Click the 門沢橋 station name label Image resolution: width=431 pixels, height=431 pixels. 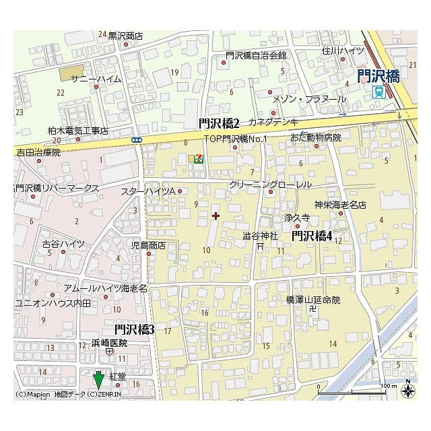[378, 75]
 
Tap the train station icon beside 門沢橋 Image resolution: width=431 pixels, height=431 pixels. [379, 92]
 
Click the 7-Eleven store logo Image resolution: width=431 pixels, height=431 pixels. [197, 159]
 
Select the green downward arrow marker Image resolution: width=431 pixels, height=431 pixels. [98, 378]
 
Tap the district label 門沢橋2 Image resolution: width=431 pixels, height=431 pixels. [220, 123]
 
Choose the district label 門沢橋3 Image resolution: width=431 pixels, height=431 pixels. [135, 329]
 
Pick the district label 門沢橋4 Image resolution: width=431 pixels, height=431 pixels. [312, 235]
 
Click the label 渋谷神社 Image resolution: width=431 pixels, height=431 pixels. [260, 236]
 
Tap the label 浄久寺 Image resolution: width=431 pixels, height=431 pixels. [296, 218]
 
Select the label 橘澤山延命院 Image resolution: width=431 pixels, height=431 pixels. [313, 299]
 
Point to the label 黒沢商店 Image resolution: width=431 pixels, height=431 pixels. [125, 35]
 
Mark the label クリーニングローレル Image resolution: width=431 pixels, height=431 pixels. [270, 184]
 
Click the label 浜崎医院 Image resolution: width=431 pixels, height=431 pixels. [109, 343]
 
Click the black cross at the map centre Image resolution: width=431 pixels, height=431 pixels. [215, 215]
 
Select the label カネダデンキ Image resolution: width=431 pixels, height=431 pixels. [273, 122]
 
